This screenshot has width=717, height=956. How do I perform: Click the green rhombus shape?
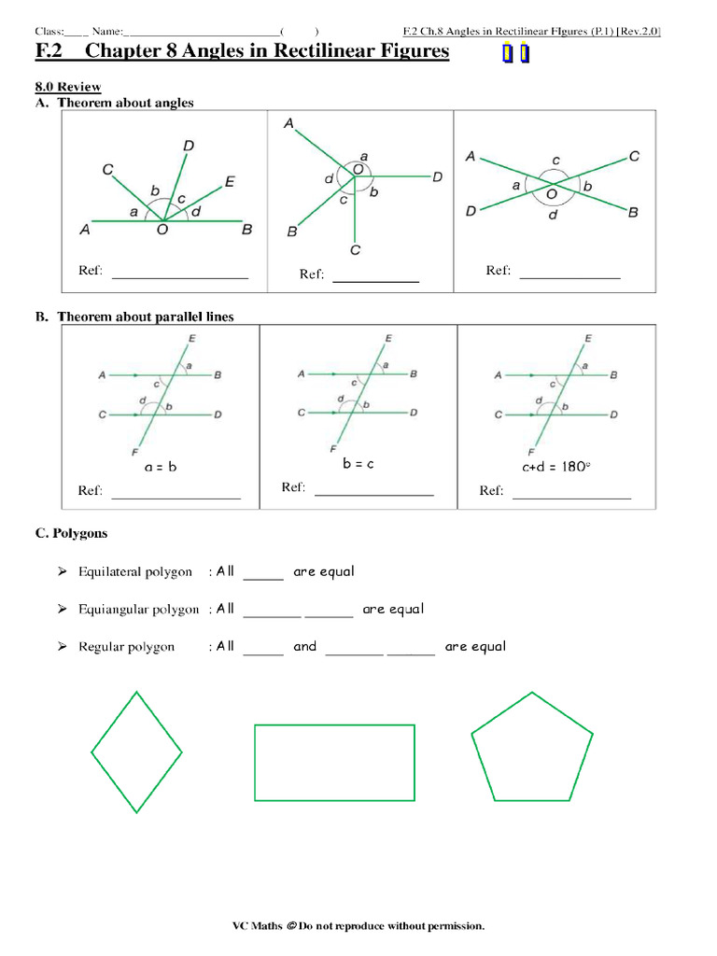(136, 752)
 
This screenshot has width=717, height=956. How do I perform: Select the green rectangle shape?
(334, 762)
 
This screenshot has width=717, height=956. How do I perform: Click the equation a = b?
(160, 467)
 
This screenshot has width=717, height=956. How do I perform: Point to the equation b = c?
(358, 463)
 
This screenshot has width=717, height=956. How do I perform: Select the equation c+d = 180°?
(556, 467)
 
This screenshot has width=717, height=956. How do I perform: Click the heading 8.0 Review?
(68, 87)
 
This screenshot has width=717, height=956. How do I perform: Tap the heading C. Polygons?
(71, 533)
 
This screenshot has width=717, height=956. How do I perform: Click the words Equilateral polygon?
(135, 571)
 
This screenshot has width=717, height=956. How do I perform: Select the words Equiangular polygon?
(138, 609)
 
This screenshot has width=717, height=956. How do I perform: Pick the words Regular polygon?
(126, 646)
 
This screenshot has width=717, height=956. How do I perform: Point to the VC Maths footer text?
(358, 925)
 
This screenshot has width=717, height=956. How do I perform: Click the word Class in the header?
(49, 31)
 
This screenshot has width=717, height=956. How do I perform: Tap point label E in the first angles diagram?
(230, 181)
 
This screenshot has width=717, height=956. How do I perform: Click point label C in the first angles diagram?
(108, 170)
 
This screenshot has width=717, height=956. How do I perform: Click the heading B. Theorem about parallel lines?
(134, 316)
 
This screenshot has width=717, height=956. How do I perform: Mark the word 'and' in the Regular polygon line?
(305, 646)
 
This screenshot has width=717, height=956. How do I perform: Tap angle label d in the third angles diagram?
(553, 214)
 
